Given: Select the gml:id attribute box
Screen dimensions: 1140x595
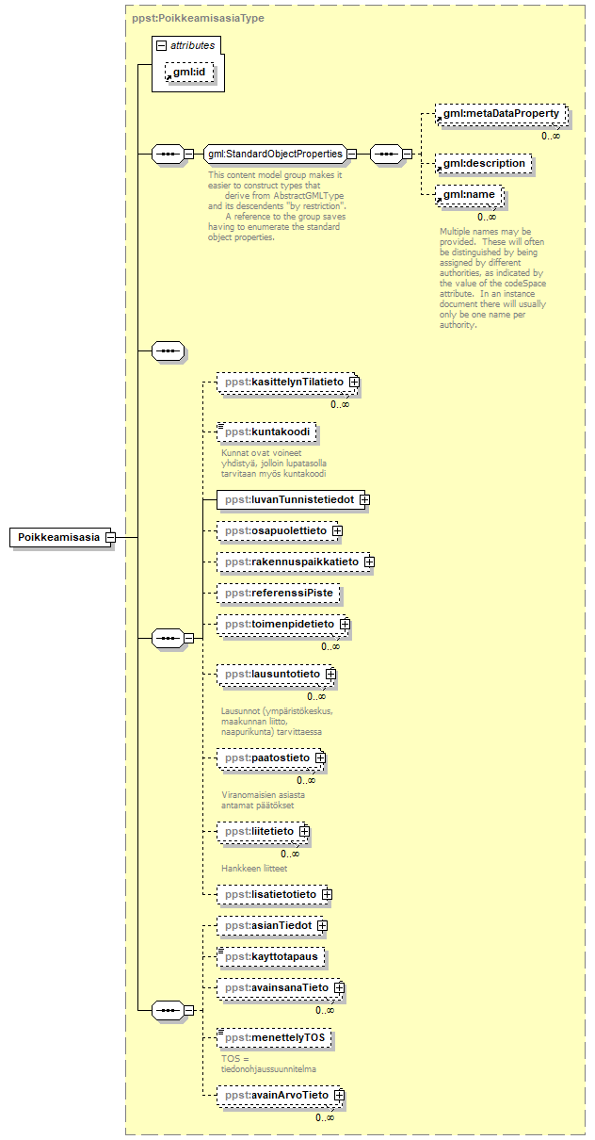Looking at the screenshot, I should (x=193, y=73).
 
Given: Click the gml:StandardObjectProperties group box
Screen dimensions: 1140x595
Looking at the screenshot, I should (x=274, y=154).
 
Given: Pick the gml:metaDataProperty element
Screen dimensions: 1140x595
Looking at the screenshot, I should (x=501, y=115).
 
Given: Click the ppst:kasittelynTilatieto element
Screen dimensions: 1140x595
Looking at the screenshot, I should (x=282, y=382).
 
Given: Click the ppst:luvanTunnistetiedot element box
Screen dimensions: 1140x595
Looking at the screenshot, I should (x=286, y=499).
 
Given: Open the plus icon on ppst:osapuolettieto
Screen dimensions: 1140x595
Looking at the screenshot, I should (x=337, y=531).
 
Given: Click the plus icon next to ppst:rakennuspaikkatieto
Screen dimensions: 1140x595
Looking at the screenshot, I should (x=369, y=562).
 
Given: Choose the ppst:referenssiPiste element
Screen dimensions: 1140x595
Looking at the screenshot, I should (x=278, y=594).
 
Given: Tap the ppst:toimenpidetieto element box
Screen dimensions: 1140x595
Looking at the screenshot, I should (x=278, y=624).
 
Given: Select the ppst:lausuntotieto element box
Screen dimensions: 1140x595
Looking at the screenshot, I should (x=271, y=675).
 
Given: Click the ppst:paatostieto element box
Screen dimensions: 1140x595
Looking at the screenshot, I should (x=266, y=757).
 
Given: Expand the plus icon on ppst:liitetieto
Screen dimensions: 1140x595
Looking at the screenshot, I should (x=304, y=831).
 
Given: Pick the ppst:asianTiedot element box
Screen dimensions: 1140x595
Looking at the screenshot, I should (x=266, y=925).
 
